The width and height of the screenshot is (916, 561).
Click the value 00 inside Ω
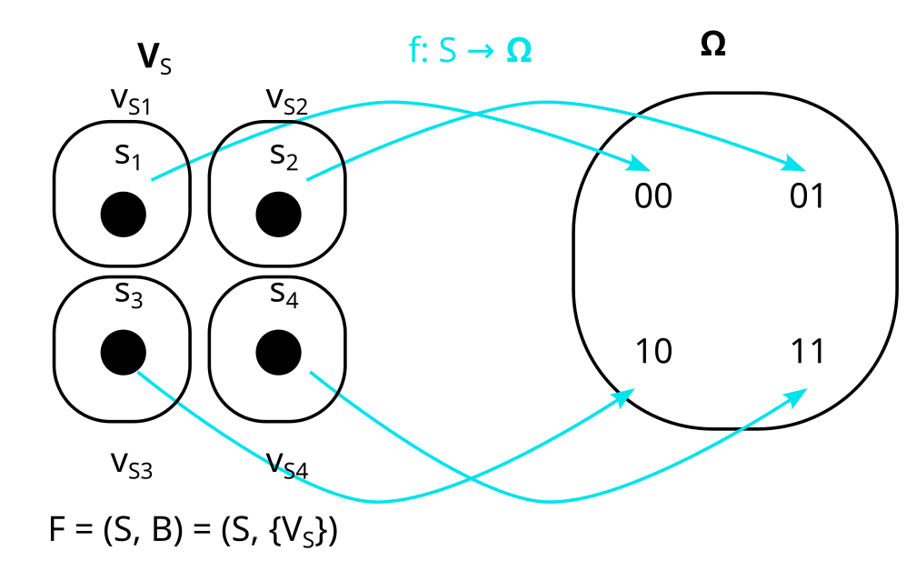(x=652, y=196)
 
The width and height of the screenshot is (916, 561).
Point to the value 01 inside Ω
(x=807, y=196)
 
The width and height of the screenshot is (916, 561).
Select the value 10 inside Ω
(x=652, y=351)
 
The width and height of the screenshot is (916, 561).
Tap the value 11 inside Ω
(x=807, y=351)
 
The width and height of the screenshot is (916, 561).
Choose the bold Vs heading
(x=154, y=58)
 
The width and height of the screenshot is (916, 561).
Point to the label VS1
(x=131, y=99)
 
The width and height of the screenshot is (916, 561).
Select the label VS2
(x=286, y=99)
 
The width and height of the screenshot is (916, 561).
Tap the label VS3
(x=131, y=465)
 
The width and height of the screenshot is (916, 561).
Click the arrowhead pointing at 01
(x=797, y=166)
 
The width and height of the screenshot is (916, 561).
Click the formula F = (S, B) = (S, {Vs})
(x=194, y=530)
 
